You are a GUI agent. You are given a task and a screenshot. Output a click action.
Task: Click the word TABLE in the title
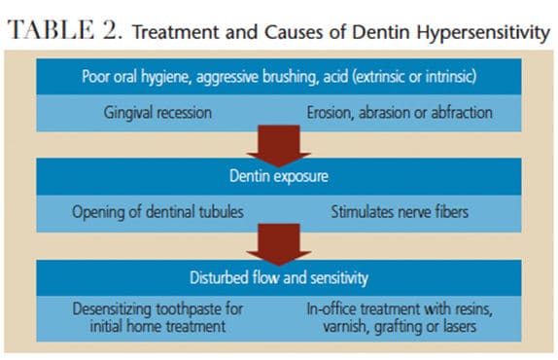tap(51, 29)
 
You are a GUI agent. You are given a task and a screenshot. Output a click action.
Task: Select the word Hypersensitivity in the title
tap(483, 33)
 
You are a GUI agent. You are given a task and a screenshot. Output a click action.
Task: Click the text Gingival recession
tap(157, 113)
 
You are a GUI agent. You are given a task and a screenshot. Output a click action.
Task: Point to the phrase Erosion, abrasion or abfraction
tap(400, 113)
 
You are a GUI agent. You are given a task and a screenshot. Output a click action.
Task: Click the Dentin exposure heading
tap(279, 176)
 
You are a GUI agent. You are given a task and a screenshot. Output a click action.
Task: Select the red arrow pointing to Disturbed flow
tap(279, 245)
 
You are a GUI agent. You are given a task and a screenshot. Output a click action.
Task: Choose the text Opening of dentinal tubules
tap(157, 212)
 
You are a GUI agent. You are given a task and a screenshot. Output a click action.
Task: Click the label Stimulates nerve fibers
tap(400, 212)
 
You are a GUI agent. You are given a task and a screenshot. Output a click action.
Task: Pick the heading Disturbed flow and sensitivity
tap(279, 277)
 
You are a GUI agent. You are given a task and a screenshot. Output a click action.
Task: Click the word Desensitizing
tap(112, 309)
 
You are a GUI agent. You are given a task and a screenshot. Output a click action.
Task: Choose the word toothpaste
tap(189, 309)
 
